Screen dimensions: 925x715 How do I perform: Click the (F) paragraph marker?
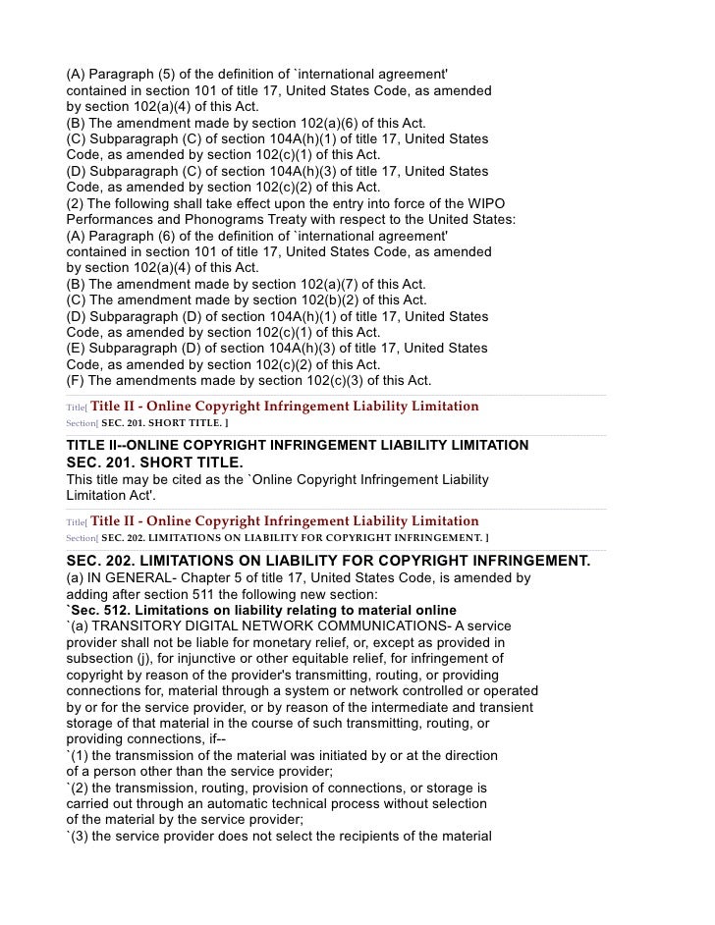[x=74, y=381]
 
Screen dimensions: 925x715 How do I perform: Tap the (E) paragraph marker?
[x=75, y=349]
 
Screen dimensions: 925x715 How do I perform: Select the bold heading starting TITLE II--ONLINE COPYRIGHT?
[x=297, y=446]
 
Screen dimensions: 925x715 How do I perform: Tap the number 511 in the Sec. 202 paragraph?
[x=217, y=594]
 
